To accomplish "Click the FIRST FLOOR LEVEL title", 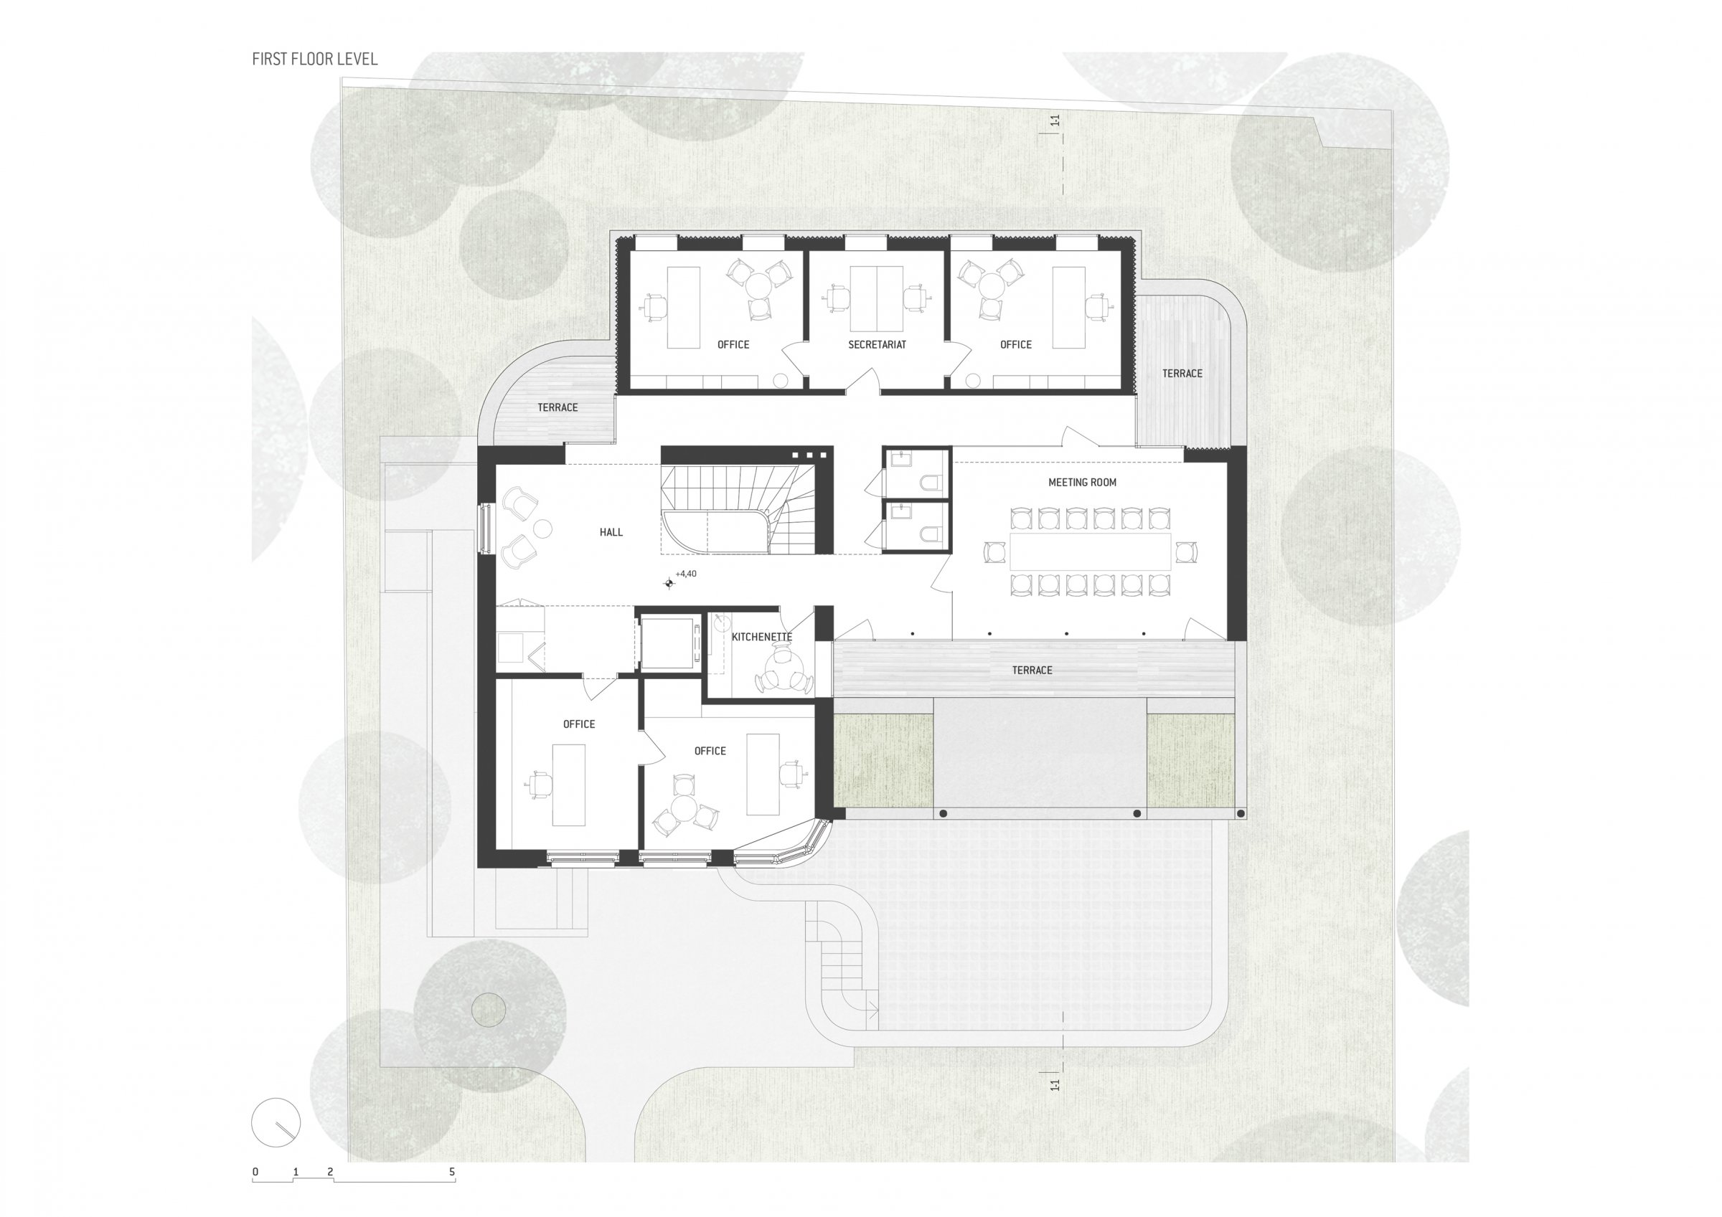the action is click(x=315, y=60).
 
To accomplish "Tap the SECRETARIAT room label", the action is click(x=877, y=345).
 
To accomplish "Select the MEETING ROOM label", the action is click(x=1082, y=483).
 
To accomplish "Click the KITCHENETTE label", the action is click(x=761, y=638).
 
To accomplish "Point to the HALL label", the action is click(x=611, y=532).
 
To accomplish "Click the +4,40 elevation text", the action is click(x=685, y=574).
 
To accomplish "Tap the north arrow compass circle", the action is click(x=276, y=1122).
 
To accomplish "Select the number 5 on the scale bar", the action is click(x=452, y=1171).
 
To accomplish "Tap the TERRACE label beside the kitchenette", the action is click(x=1032, y=671).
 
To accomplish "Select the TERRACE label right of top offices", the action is click(x=1182, y=374).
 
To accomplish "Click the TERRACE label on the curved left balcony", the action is click(x=557, y=408).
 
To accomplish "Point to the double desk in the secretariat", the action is click(x=877, y=298).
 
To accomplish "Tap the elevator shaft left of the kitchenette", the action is click(x=667, y=642).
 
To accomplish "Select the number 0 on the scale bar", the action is click(x=255, y=1171).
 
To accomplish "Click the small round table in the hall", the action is click(x=542, y=529).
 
